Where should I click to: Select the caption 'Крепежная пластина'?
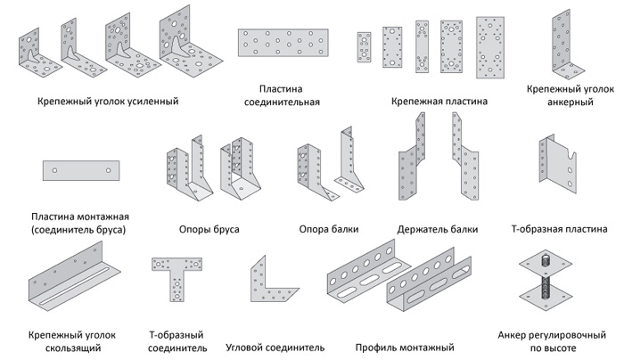[x=439, y=102]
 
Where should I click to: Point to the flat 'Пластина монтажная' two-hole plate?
[x=80, y=169]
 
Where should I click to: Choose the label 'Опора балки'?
[x=329, y=229]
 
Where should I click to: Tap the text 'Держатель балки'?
[x=438, y=229]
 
